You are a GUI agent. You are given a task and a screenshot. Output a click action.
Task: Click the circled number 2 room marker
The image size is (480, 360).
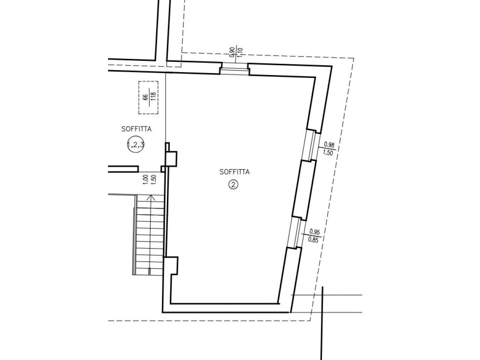pyautogui.click(x=233, y=185)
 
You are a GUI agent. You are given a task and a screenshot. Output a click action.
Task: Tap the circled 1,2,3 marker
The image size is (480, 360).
pyautogui.click(x=136, y=144)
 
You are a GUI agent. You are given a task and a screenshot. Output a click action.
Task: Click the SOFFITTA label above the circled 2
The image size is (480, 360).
pyautogui.click(x=234, y=172)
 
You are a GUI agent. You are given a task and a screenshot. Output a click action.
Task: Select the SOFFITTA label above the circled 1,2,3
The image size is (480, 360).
pyautogui.click(x=136, y=129)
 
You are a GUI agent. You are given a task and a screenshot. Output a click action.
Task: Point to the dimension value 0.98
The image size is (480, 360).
pyautogui.click(x=329, y=144)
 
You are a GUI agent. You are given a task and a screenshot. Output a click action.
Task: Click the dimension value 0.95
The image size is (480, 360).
pyautogui.click(x=315, y=231)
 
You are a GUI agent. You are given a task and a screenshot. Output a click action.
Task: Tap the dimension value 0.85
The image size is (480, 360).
pyautogui.click(x=313, y=240)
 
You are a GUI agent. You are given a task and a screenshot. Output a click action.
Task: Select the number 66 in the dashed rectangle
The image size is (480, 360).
pyautogui.click(x=145, y=97)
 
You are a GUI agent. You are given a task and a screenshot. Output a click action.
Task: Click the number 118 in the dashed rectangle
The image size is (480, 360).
pyautogui.click(x=153, y=97)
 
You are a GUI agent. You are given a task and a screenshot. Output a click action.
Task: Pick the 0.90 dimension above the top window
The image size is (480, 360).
pyautogui.click(x=232, y=52)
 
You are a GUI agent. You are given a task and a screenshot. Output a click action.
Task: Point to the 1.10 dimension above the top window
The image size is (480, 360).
pyautogui.click(x=240, y=52)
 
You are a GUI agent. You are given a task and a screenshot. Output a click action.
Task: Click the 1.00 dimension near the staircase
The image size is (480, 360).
pyautogui.click(x=145, y=180)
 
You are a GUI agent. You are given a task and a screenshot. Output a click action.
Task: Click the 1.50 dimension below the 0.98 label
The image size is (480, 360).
pyautogui.click(x=328, y=153)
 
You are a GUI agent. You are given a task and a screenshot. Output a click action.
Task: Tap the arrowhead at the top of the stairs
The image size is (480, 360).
pyautogui.click(x=151, y=198)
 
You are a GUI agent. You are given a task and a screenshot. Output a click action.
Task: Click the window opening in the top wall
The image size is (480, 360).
pyautogui.click(x=235, y=69)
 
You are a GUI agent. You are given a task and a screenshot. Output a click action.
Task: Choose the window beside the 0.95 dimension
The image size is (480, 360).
pyautogui.click(x=296, y=233)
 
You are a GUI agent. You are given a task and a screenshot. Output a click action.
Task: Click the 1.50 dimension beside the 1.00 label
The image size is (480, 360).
pyautogui.click(x=153, y=180)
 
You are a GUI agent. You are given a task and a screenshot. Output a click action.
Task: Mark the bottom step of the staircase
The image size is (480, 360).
pyautogui.click(x=149, y=271)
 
